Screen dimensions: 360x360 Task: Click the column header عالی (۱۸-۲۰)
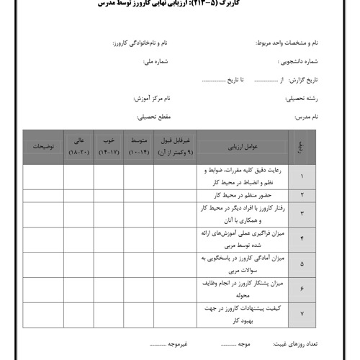tap(78, 146)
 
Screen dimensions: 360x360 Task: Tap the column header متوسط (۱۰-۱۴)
tap(138, 146)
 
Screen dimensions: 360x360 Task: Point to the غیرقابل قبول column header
tap(174, 146)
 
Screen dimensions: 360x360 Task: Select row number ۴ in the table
tap(301, 238)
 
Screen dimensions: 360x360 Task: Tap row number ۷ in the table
tap(301, 314)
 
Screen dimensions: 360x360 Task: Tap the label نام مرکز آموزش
tap(151, 97)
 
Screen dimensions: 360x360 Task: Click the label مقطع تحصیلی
tap(153, 116)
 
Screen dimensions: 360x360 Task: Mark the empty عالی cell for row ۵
tap(78, 263)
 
